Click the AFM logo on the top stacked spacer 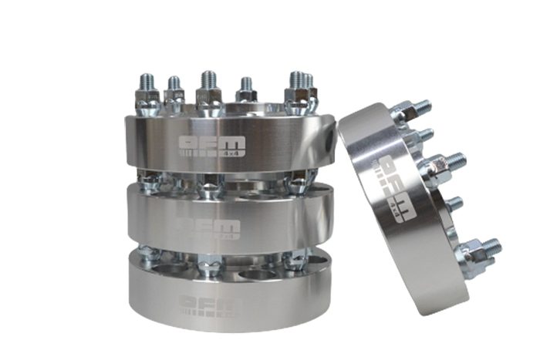click(x=211, y=146)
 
